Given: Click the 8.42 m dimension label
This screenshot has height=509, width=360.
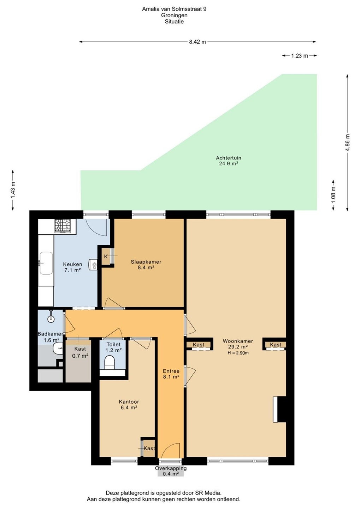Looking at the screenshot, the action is [x=197, y=42].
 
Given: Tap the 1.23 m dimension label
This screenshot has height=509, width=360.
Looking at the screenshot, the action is [x=300, y=56].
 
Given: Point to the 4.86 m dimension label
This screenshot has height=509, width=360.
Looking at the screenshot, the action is [x=348, y=142].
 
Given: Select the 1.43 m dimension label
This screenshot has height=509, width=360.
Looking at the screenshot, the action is [x=13, y=190].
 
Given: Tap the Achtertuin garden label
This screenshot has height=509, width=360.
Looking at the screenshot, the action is [x=229, y=160].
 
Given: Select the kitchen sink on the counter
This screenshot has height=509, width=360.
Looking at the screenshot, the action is [x=46, y=263].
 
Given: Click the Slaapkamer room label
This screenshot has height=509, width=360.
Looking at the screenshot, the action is [x=146, y=264].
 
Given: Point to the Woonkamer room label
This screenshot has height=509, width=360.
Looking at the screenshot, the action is [x=238, y=344].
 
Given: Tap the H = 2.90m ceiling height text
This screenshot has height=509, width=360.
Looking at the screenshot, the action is [x=238, y=353].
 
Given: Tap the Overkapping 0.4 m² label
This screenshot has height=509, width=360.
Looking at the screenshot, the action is [x=171, y=471].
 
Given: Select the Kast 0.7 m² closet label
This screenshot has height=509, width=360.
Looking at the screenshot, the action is [x=80, y=352].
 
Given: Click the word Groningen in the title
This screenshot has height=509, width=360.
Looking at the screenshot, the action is [x=174, y=16].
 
